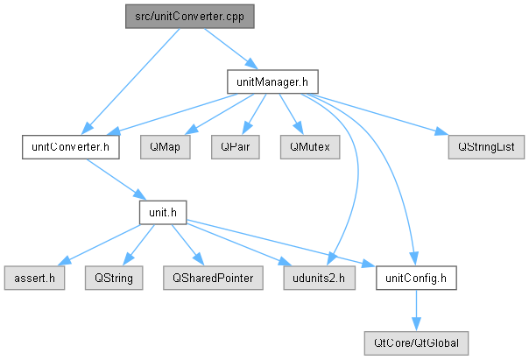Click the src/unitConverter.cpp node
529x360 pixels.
[x=189, y=16]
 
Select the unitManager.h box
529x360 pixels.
[x=272, y=81]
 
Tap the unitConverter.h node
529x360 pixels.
[x=71, y=147]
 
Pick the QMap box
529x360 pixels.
[x=165, y=147]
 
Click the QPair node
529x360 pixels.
[x=235, y=147]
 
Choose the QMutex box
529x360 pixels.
[x=310, y=147]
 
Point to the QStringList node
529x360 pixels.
[x=486, y=147]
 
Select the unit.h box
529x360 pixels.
[x=163, y=213]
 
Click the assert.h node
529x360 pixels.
[x=34, y=278]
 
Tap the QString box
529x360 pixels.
[x=114, y=278]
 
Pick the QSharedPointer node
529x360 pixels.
[x=213, y=278]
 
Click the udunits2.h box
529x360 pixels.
[x=319, y=278]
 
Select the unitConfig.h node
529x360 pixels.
[x=416, y=278]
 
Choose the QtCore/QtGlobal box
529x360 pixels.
[x=416, y=343]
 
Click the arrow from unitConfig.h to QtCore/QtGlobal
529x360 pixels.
[x=416, y=310]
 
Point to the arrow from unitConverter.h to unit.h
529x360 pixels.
[x=116, y=180]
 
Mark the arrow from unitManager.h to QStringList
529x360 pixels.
[x=377, y=115]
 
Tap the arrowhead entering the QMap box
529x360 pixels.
[x=191, y=130]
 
